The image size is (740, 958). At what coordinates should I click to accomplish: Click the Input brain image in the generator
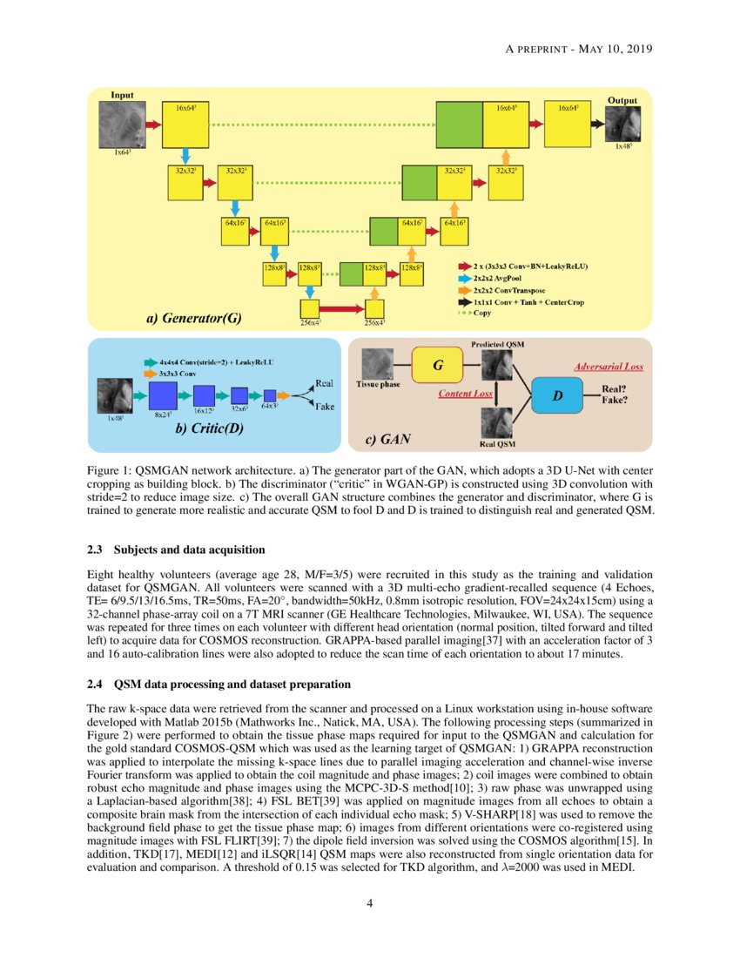coord(127,125)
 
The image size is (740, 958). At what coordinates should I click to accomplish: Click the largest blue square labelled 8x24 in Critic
coord(164,396)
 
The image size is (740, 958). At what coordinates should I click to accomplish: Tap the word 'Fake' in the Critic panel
coord(323,407)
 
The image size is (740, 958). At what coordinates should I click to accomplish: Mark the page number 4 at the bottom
coord(370,902)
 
